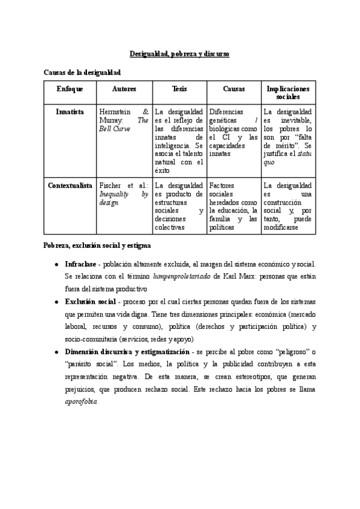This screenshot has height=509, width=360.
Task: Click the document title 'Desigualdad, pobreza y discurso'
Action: [x=180, y=54]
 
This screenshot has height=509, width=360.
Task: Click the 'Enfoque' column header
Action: [x=70, y=89]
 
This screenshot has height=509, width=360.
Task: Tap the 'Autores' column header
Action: [x=124, y=89]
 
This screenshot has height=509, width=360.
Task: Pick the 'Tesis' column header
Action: [x=179, y=89]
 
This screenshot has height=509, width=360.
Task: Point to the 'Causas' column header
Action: [x=233, y=89]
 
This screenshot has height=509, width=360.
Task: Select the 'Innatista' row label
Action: [x=70, y=112]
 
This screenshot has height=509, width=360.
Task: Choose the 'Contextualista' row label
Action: [x=70, y=185]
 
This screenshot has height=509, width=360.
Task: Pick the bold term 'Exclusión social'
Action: [x=90, y=301]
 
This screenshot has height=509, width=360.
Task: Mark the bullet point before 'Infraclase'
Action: [x=56, y=264]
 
